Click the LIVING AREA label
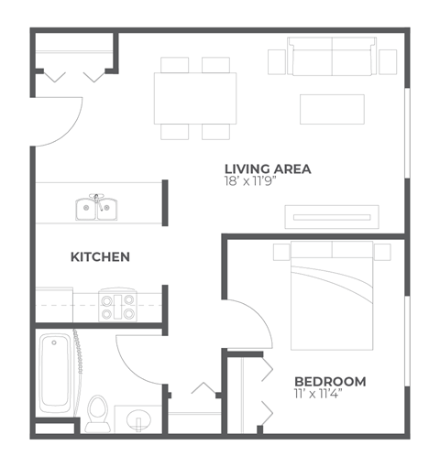tap(268, 168)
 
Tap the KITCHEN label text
tap(100, 257)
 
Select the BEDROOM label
tap(330, 381)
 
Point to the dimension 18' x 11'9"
tap(251, 181)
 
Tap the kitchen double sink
tap(96, 209)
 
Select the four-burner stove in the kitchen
tap(116, 306)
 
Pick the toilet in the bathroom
tap(98, 411)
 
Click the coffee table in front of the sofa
tap(332, 109)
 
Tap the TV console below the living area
tap(332, 216)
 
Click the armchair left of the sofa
tap(278, 60)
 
